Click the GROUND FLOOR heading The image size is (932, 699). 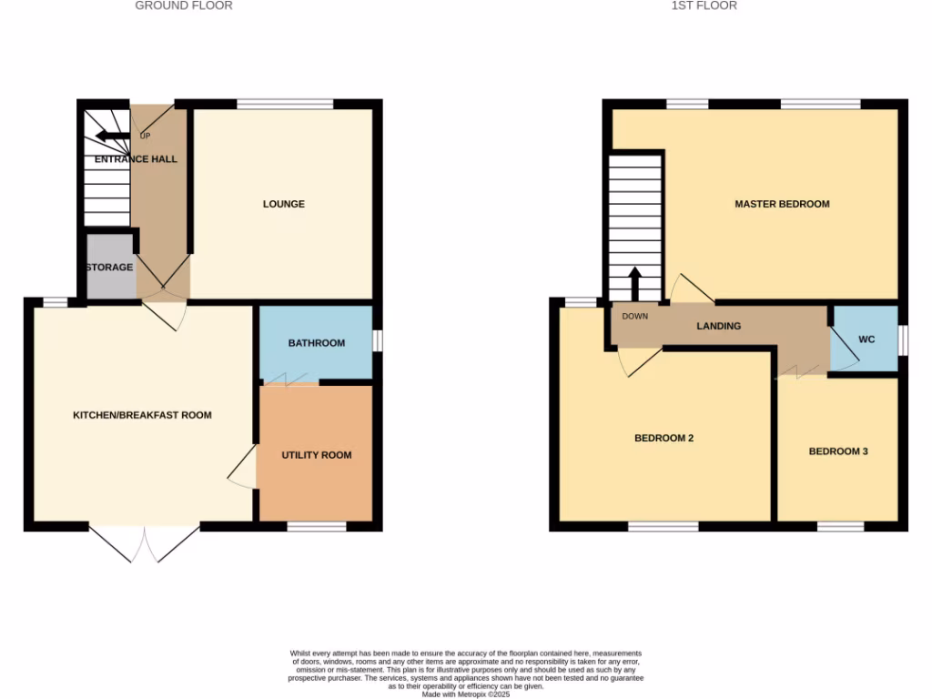(184, 5)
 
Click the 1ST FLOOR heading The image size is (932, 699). (704, 5)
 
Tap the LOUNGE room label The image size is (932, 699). (284, 204)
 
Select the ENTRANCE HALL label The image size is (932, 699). (137, 159)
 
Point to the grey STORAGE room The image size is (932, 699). (109, 268)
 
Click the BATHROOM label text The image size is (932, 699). (317, 343)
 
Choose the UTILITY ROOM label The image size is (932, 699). (316, 455)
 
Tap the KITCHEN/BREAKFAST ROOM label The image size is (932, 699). (142, 415)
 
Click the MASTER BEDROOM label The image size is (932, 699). (782, 204)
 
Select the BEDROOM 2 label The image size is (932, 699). (664, 438)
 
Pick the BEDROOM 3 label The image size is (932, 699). (838, 451)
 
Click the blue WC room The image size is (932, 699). (866, 339)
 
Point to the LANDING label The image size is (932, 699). (719, 326)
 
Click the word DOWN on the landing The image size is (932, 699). (635, 317)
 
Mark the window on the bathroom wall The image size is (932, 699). (377, 339)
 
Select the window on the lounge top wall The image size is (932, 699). (285, 104)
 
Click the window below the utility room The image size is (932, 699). (317, 526)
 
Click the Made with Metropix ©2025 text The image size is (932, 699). (466, 694)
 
